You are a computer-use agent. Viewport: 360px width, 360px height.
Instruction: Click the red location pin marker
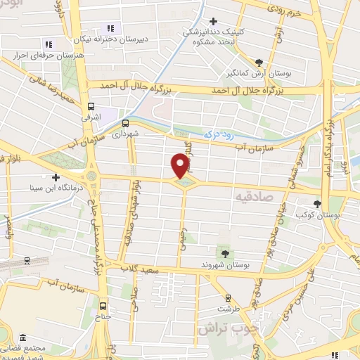[180, 165]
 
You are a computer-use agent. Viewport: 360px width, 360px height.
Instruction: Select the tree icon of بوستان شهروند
[225, 253]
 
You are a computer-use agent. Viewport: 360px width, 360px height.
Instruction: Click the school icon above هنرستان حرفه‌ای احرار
[49, 44]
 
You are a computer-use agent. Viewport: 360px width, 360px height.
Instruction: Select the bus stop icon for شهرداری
[125, 120]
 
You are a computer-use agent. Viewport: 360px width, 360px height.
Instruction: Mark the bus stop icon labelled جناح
[104, 306]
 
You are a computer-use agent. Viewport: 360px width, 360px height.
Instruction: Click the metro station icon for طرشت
[227, 297]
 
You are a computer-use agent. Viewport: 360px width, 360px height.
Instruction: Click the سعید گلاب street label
[141, 270]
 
